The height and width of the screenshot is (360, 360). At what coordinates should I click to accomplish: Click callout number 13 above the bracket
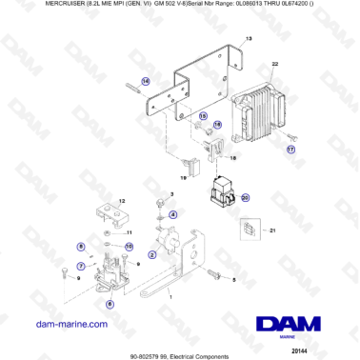pyautogui.click(x=250, y=39)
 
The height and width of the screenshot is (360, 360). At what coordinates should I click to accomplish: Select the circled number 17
pyautogui.click(x=291, y=150)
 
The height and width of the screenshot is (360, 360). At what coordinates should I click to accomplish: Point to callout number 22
pyautogui.click(x=275, y=65)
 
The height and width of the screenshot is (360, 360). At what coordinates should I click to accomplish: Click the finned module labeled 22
pyautogui.click(x=267, y=106)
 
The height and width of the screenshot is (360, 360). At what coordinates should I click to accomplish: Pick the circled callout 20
pyautogui.click(x=245, y=198)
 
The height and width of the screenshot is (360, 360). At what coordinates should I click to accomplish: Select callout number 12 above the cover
pyautogui.click(x=121, y=201)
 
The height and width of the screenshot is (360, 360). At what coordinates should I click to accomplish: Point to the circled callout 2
pyautogui.click(x=151, y=255)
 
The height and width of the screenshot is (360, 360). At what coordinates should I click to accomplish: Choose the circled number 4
pyautogui.click(x=172, y=215)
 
